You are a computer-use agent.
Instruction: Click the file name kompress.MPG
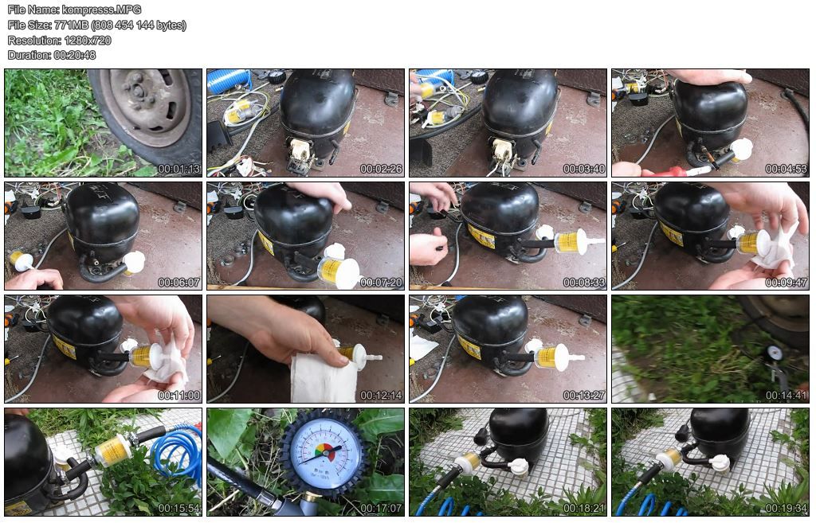101,10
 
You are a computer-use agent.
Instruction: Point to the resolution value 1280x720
88,40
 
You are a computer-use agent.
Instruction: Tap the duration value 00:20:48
74,55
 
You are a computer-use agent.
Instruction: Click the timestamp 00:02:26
382,169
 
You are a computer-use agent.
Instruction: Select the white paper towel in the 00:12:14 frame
322,378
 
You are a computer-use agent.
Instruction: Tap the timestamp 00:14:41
787,396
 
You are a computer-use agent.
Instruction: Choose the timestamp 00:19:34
787,509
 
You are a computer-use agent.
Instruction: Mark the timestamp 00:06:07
179,283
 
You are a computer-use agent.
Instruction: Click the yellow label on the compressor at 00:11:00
64,347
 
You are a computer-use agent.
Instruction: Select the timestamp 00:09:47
787,283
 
